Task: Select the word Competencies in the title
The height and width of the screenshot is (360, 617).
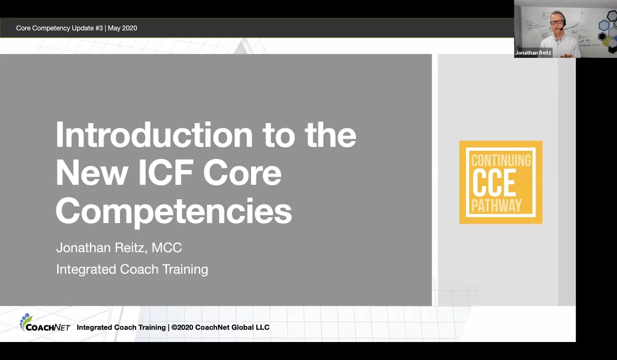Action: pyautogui.click(x=173, y=210)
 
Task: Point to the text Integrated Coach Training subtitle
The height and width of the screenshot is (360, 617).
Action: pyautogui.click(x=132, y=269)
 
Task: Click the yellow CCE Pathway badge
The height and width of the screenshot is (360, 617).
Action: pyautogui.click(x=500, y=182)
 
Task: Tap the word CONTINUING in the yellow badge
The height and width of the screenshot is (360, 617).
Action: pyautogui.click(x=500, y=160)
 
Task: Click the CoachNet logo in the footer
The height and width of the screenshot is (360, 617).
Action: pyautogui.click(x=44, y=323)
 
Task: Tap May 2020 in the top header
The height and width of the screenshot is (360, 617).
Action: pyautogui.click(x=122, y=28)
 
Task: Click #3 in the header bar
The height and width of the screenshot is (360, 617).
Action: pyautogui.click(x=98, y=28)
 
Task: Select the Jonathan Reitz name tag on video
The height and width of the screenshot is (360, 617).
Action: pyautogui.click(x=533, y=52)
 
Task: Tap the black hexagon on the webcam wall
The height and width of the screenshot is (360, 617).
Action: pyautogui.click(x=602, y=36)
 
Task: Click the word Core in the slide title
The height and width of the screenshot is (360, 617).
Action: pyautogui.click(x=242, y=173)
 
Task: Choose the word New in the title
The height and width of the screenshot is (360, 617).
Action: pyautogui.click(x=91, y=173)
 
